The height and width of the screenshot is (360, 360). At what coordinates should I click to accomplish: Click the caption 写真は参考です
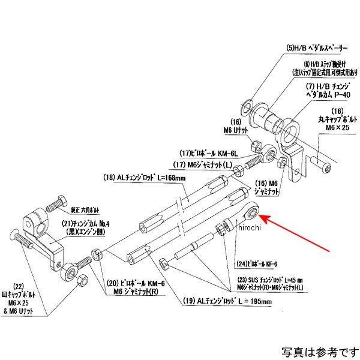(x=317, y=349)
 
